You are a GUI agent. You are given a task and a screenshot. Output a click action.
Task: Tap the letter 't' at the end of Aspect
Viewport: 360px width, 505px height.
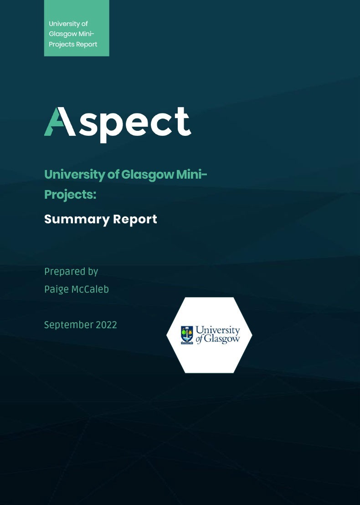pos(184,121)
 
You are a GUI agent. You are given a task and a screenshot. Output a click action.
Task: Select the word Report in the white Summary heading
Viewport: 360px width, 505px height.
pos(135,220)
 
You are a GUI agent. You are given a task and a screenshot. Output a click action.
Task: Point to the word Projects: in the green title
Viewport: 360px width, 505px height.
pos(70,195)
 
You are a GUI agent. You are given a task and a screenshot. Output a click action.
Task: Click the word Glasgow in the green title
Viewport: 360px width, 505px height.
pos(148,175)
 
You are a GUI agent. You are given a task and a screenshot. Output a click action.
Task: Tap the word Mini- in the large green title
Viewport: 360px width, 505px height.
pos(191,174)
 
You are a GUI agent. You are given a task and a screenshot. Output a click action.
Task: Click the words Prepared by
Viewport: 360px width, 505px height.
pos(71,272)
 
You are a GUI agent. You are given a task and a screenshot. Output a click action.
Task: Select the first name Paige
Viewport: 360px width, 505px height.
pos(57,289)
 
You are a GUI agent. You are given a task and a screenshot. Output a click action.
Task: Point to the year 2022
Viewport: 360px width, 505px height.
pos(106,325)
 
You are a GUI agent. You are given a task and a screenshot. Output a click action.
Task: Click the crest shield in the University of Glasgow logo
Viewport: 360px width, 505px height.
pos(187,335)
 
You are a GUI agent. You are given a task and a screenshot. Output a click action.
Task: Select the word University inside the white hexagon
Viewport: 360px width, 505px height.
pos(218,330)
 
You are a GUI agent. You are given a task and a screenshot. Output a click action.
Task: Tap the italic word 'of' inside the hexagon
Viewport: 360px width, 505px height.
pos(200,339)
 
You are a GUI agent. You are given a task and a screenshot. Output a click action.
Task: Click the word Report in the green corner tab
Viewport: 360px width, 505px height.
pos(86,45)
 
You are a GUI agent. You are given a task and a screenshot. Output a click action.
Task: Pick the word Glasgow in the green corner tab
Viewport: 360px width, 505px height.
pos(63,34)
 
